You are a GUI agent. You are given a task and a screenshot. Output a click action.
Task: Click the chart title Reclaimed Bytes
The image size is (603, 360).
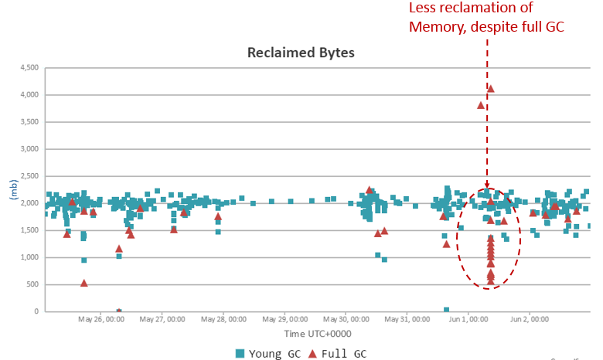[301, 53]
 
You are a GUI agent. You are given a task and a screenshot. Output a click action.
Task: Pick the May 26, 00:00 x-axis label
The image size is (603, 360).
[101, 318]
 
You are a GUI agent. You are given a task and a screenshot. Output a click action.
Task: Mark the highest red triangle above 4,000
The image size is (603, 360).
[490, 89]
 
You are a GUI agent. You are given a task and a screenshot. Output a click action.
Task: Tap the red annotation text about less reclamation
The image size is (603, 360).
[487, 17]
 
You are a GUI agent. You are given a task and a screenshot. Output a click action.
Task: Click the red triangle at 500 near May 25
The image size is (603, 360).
[83, 283]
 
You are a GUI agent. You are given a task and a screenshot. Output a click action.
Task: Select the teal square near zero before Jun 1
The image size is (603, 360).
[447, 310]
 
